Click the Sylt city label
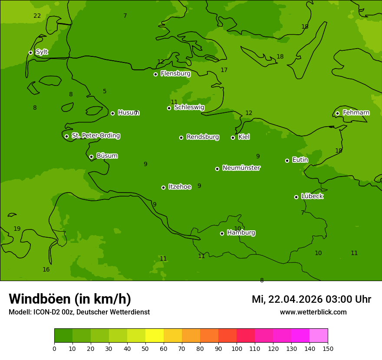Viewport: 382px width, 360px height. pyautogui.click(x=42, y=52)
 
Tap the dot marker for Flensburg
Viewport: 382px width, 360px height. pyautogui.click(x=155, y=74)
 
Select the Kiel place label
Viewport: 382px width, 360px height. pyautogui.click(x=244, y=137)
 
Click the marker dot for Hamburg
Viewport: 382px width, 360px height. pyautogui.click(x=222, y=233)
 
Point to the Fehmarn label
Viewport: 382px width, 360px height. pyautogui.click(x=356, y=113)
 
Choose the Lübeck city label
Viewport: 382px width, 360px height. pyautogui.click(x=312, y=196)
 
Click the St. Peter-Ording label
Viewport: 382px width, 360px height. pyautogui.click(x=95, y=136)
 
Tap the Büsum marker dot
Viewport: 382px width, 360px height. pyautogui.click(x=91, y=157)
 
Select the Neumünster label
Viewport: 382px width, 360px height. pyautogui.click(x=241, y=168)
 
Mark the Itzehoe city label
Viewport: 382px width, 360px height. pyautogui.click(x=179, y=187)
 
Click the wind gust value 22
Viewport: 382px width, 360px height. pyautogui.click(x=37, y=16)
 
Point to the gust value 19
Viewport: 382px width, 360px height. pyautogui.click(x=17, y=229)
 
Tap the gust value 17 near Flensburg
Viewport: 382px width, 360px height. pyautogui.click(x=224, y=70)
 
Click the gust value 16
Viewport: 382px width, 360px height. pyautogui.click(x=46, y=270)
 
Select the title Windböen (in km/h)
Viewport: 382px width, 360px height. pyautogui.click(x=70, y=299)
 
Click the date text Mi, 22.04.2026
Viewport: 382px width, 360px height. pyautogui.click(x=286, y=299)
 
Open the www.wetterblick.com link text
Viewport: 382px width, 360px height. pyautogui.click(x=313, y=312)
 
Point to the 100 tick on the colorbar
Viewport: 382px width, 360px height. pyautogui.click(x=237, y=348)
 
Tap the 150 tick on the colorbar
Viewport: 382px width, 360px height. pyautogui.click(x=328, y=348)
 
